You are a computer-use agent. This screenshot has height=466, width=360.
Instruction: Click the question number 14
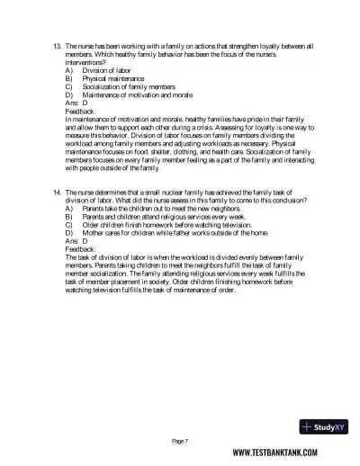click(57, 193)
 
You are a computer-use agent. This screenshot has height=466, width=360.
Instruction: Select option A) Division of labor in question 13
click(101, 67)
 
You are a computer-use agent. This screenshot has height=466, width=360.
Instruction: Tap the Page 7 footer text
click(180, 441)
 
